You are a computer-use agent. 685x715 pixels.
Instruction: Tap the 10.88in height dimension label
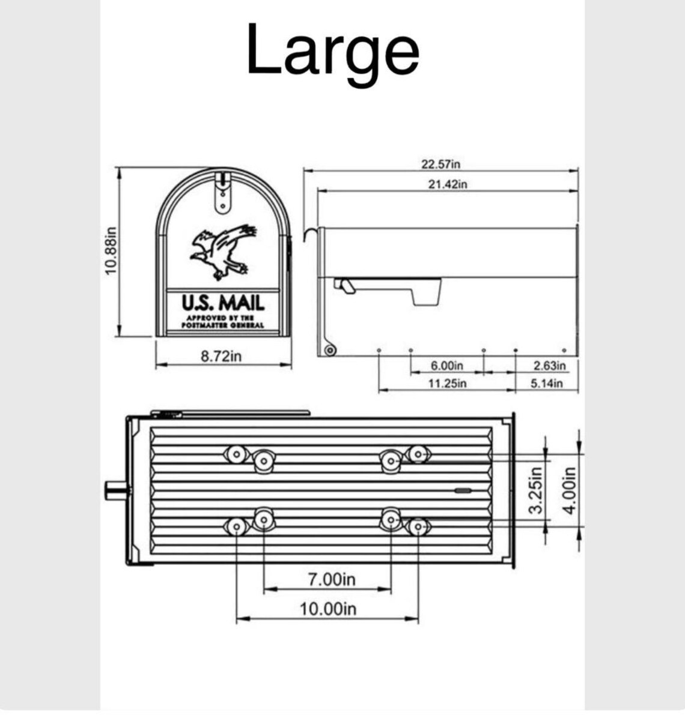(111, 252)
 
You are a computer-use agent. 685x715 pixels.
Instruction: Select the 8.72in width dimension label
(221, 355)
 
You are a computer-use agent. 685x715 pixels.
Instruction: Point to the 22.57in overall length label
(441, 164)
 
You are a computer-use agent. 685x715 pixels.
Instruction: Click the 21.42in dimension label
(447, 184)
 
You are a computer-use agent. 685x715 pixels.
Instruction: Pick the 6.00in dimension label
(447, 366)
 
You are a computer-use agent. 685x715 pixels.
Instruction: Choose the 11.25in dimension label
(447, 383)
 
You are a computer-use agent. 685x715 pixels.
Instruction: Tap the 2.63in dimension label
(549, 366)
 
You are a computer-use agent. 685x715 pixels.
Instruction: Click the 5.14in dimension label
(546, 383)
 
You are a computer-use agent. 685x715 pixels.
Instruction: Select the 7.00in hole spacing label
(331, 579)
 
